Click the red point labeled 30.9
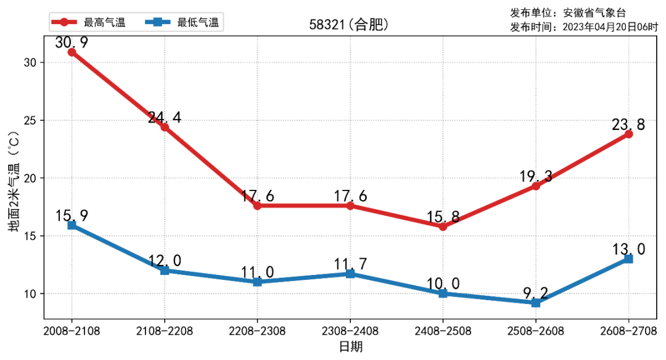(72, 52)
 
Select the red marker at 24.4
(165, 127)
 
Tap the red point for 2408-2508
(443, 227)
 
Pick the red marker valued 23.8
(628, 134)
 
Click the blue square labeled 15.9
(72, 226)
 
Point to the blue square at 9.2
(535, 303)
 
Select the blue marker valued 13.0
(628, 259)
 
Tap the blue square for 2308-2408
(350, 274)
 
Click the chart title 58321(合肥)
(349, 25)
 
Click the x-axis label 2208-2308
(257, 331)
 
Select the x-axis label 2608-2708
(628, 331)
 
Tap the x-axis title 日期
(350, 346)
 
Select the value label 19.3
(535, 177)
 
